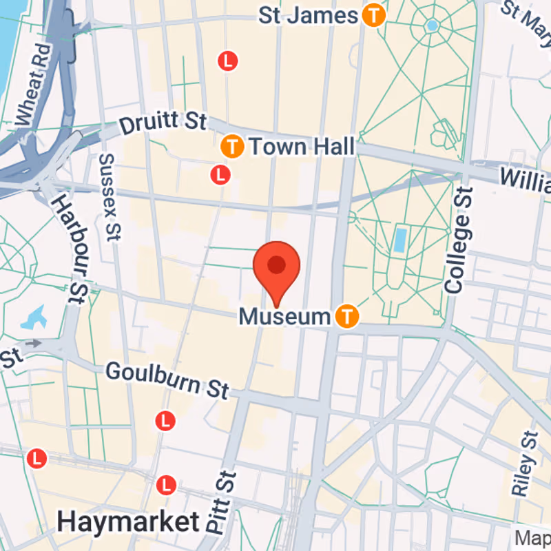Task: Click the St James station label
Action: tap(308, 16)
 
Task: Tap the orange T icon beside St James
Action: tap(373, 16)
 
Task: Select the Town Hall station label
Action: tap(302, 146)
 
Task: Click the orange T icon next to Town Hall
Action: tap(233, 146)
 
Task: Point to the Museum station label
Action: tap(284, 317)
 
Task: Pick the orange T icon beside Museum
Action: tap(347, 316)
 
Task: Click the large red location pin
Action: tap(277, 266)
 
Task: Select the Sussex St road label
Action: tap(109, 196)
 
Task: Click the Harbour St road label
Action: tap(70, 249)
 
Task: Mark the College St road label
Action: tap(459, 241)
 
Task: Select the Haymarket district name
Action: tap(128, 522)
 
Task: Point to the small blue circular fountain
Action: tap(432, 25)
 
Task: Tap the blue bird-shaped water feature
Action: tap(34, 318)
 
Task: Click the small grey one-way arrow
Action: tap(32, 343)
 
